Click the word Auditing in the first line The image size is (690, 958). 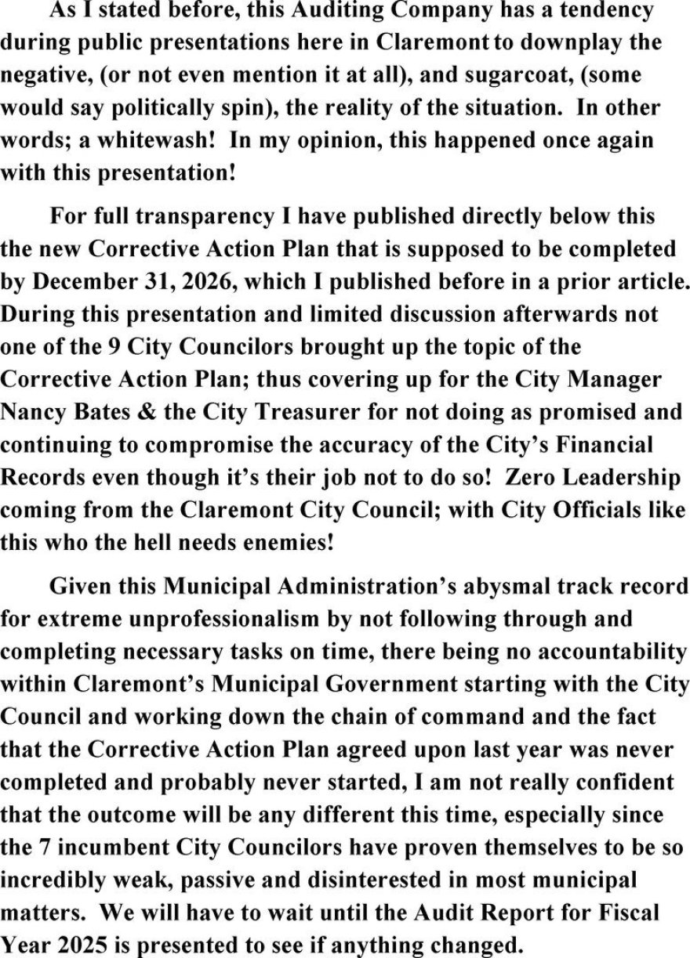332,11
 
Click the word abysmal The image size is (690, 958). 482,586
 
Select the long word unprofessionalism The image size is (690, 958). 206,619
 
